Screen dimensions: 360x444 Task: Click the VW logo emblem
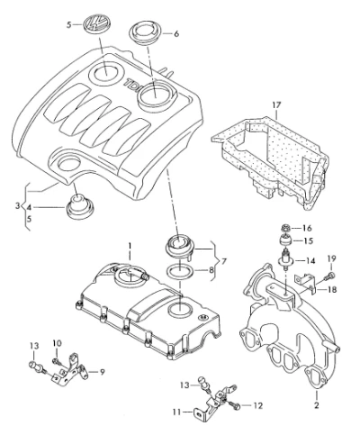[96, 23]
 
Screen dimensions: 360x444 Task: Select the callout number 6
[176, 34]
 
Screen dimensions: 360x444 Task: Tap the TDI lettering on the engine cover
[132, 85]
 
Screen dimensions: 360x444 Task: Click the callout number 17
[276, 105]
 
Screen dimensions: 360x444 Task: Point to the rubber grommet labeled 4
[80, 206]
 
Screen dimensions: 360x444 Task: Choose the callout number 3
[17, 206]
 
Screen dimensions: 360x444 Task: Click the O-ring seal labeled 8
[180, 271]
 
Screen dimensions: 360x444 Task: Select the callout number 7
[223, 261]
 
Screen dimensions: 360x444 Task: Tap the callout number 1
[130, 246]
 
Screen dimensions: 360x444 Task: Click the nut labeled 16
[286, 228]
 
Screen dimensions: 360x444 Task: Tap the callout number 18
[331, 290]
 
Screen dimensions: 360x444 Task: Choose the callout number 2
[316, 405]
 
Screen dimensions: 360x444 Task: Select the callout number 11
[176, 412]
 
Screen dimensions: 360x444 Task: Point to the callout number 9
[102, 372]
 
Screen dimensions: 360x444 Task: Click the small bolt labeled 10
[57, 361]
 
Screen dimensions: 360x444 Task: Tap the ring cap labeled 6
[146, 33]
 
